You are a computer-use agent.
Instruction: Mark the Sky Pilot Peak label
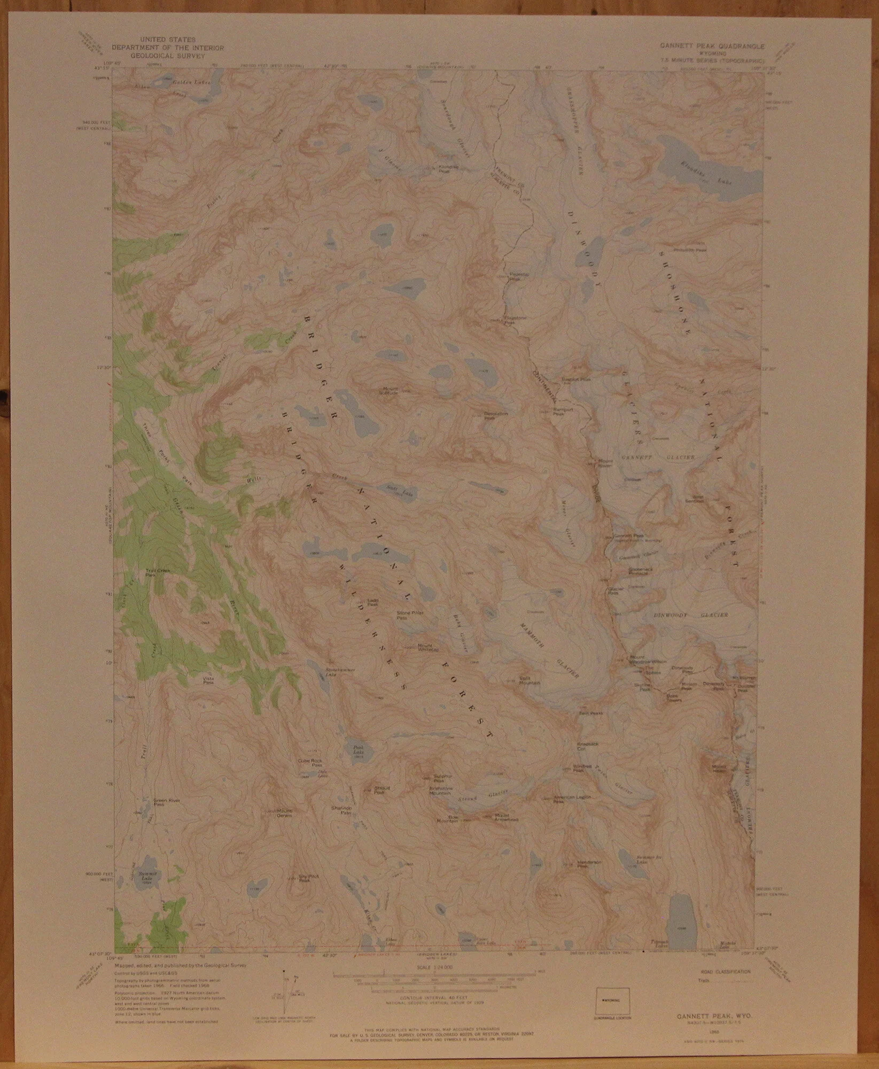pos(304,878)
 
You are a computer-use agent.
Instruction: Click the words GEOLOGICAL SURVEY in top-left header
pos(167,54)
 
